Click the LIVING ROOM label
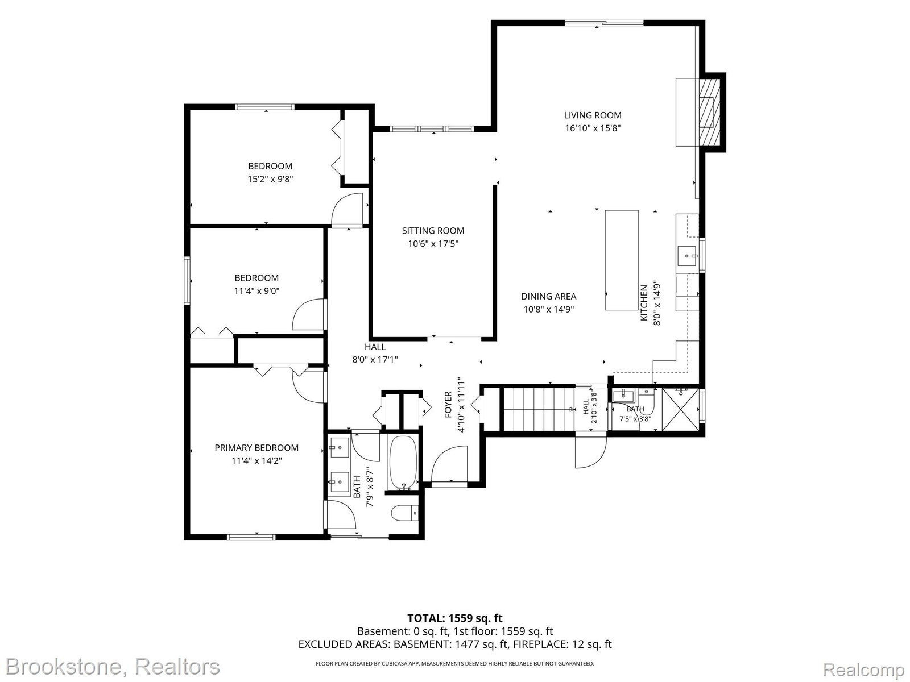[x=593, y=115]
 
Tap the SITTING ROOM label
[x=433, y=231]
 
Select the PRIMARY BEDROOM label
[x=256, y=448]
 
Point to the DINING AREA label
[x=548, y=297]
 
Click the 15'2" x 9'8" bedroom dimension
[x=270, y=179]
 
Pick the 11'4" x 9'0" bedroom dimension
[x=257, y=291]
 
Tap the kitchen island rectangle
[x=622, y=260]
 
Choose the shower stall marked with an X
[x=680, y=410]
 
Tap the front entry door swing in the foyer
[x=449, y=464]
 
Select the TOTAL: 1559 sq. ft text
[x=455, y=619]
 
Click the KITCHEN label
[x=644, y=303]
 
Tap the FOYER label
[x=448, y=405]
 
